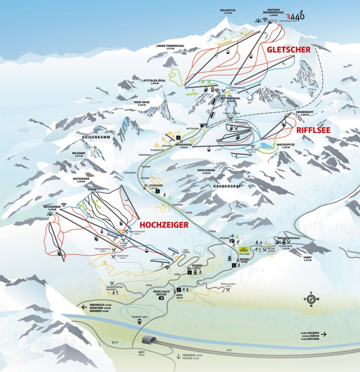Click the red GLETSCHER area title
(288, 50)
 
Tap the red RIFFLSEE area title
(313, 131)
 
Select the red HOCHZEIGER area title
(164, 224)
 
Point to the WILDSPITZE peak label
(228, 11)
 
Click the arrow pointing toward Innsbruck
(84, 307)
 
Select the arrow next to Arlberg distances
(324, 334)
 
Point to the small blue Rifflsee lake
(267, 145)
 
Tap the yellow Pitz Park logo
(244, 250)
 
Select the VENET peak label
(310, 257)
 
